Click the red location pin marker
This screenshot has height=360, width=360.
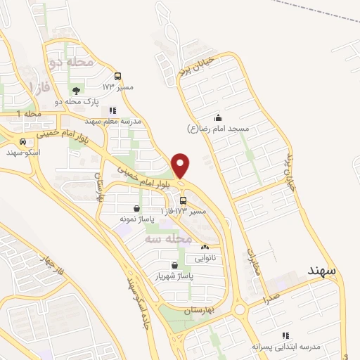(x=181, y=165)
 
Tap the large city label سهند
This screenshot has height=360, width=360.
(x=323, y=271)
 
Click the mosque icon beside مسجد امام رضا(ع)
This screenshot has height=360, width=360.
(x=218, y=117)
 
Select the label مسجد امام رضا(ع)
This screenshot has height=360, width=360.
(x=218, y=129)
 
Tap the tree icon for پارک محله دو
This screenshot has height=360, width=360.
(x=77, y=90)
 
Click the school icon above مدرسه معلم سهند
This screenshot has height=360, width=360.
(x=112, y=110)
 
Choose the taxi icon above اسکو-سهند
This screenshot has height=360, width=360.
(x=23, y=141)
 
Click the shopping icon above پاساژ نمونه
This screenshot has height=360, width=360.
(x=136, y=208)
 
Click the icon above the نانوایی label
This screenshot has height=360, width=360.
(x=205, y=247)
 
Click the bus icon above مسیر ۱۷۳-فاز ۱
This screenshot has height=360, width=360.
(x=184, y=200)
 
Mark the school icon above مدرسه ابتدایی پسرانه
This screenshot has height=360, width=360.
(x=285, y=336)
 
